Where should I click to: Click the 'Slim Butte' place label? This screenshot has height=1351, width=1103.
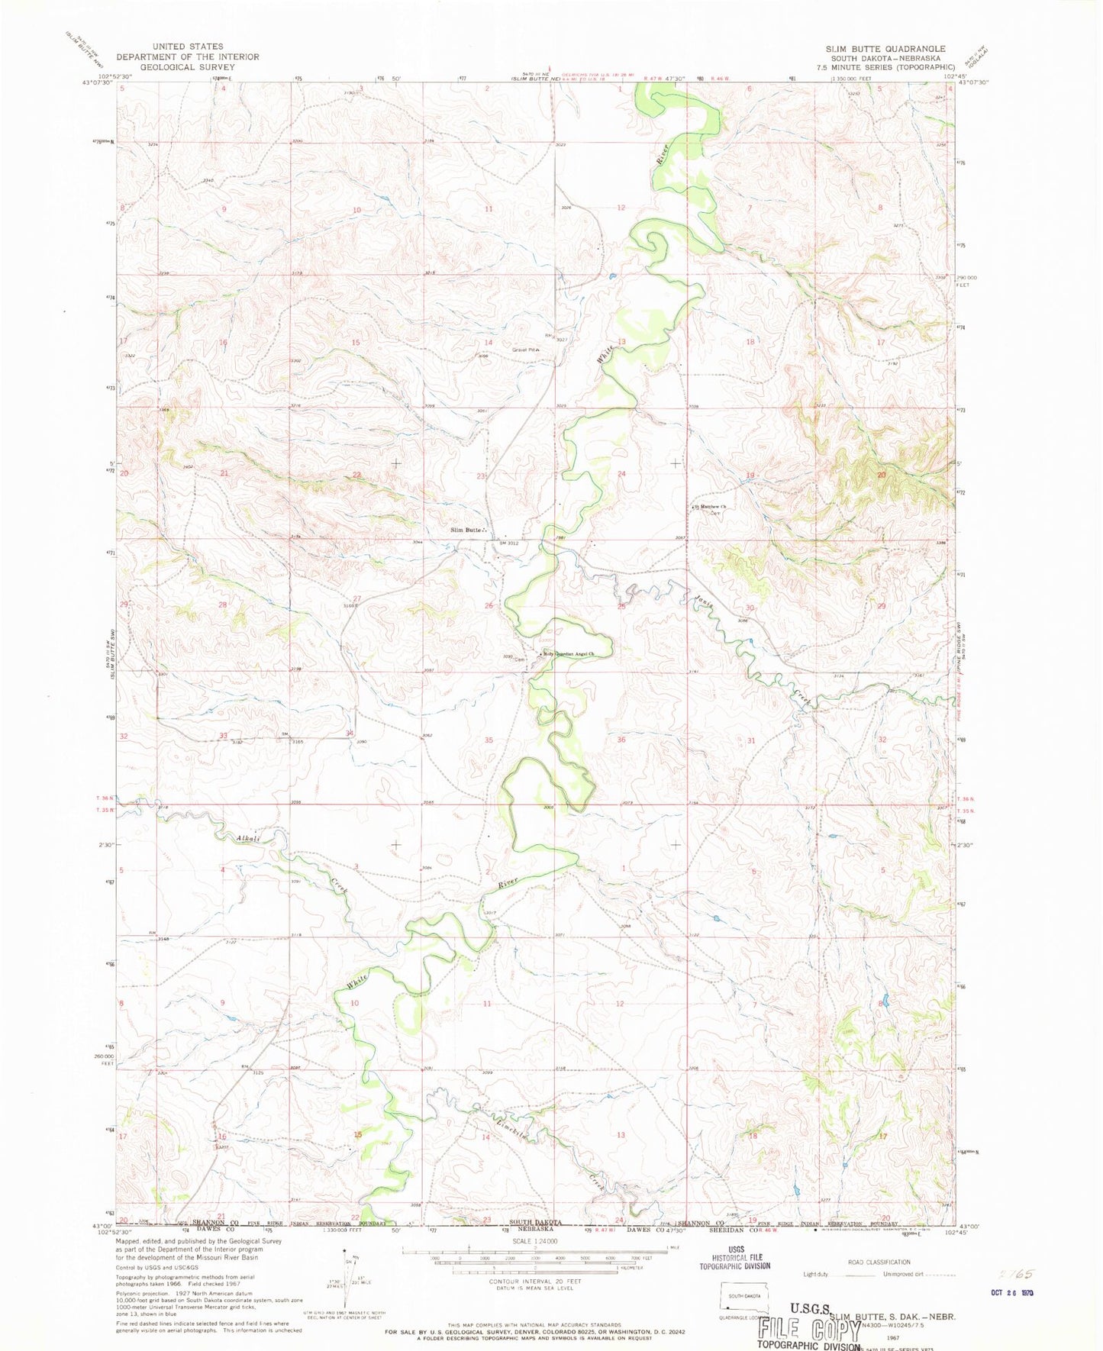tap(466, 530)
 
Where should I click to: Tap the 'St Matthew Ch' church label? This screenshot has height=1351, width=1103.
tap(709, 506)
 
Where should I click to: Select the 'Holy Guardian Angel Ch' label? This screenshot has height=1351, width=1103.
tap(568, 654)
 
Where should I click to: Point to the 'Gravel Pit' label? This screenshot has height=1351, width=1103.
tap(524, 350)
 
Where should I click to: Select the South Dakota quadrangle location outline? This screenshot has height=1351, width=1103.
tap(744, 1296)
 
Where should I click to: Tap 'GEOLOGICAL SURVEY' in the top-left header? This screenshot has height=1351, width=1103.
tap(187, 66)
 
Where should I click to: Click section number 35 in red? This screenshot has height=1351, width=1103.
tap(489, 740)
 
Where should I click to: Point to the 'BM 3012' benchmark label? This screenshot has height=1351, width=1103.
tap(508, 543)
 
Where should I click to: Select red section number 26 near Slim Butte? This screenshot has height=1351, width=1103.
tap(489, 606)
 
